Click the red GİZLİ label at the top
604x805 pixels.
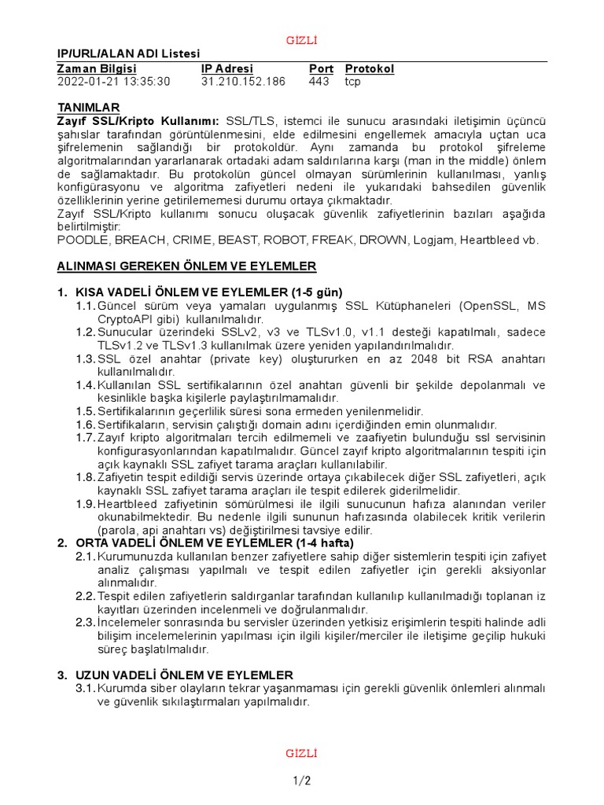302,40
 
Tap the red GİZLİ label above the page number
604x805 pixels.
302,754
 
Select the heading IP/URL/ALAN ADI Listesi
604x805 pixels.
129,53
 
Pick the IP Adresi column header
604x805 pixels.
227,68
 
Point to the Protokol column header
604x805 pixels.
370,68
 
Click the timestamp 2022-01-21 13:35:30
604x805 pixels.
113,82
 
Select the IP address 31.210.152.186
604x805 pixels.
243,82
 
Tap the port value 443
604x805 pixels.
319,82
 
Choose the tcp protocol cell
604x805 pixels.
353,82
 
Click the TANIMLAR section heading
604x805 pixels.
89,107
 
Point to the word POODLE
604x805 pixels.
85,240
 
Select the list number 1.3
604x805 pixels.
85,358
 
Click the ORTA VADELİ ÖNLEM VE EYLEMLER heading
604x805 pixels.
214,542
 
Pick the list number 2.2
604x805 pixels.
85,595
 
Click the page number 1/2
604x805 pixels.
302,781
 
